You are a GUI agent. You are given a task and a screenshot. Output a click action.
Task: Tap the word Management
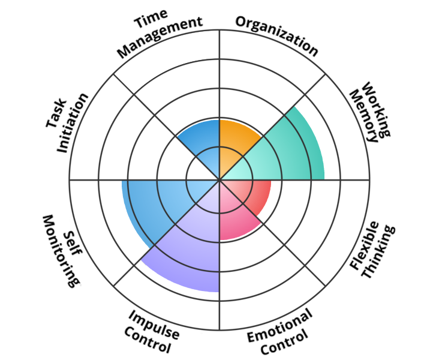click(160, 38)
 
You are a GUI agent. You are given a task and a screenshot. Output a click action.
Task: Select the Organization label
click(276, 33)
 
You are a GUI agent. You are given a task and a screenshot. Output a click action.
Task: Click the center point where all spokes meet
click(220, 179)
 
